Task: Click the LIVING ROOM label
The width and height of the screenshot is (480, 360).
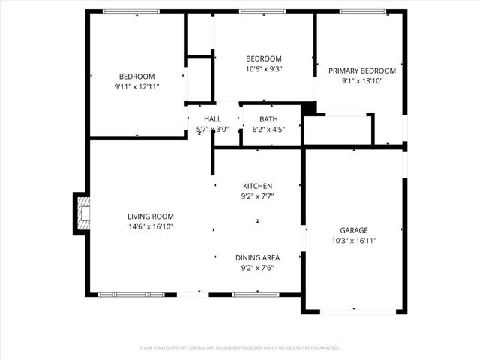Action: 150,216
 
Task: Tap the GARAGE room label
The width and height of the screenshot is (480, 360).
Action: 355,230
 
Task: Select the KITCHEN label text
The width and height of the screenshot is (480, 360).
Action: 257,186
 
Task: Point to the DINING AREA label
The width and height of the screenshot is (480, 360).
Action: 257,256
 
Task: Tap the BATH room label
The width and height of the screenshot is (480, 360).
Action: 268,119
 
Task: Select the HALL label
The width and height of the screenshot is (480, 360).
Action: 212,119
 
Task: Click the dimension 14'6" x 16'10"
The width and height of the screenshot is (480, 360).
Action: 150,226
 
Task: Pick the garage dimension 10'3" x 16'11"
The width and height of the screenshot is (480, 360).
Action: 355,241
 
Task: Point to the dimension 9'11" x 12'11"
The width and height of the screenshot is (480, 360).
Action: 136,86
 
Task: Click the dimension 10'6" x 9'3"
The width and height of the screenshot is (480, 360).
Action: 264,69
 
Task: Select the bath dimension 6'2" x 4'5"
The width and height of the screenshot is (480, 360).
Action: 268,129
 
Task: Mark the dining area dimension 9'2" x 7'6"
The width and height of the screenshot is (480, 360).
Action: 257,267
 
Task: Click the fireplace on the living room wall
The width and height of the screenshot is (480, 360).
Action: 81,213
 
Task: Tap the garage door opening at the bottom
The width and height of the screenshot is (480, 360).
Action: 353,310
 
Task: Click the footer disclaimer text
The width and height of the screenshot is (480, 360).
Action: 240,348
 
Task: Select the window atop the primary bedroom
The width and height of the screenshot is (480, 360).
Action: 363,11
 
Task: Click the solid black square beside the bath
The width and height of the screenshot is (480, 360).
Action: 308,109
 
